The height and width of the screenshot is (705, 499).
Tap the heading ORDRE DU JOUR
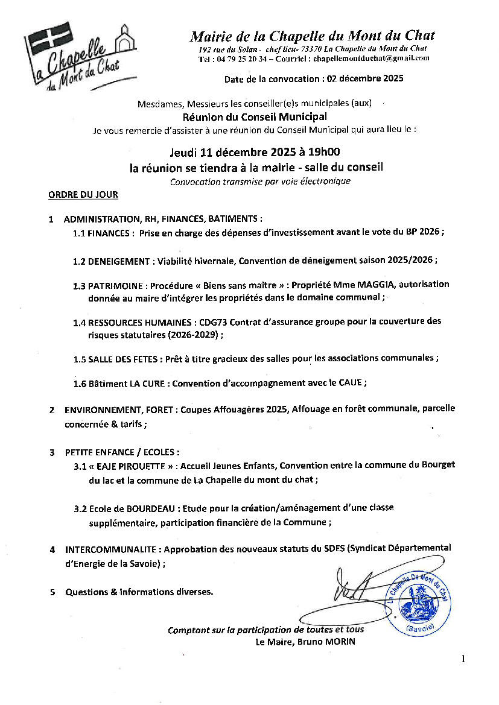pyautogui.click(x=83, y=195)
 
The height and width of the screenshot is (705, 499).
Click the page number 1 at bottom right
pyautogui.click(x=463, y=660)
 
